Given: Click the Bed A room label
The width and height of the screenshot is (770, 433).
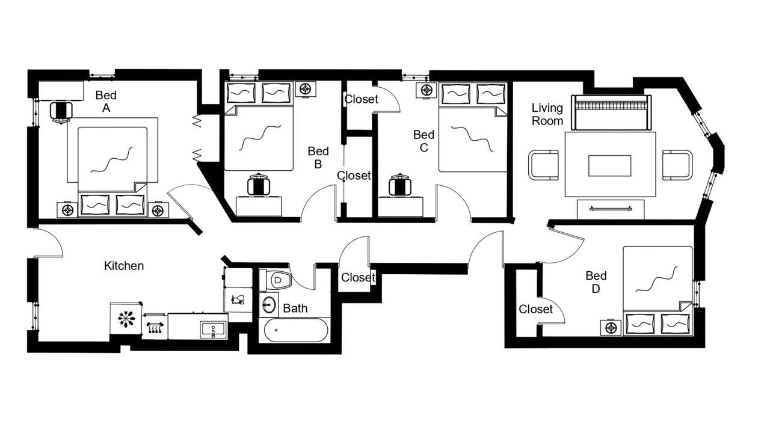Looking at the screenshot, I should (106, 102).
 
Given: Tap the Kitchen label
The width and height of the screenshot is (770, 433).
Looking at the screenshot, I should (124, 266).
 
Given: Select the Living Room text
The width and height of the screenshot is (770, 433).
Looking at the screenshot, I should (547, 114).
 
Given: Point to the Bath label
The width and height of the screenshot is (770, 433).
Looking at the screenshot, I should (295, 309).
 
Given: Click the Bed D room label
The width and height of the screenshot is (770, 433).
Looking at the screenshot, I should (596, 282).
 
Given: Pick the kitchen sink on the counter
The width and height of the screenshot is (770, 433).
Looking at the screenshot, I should (213, 330).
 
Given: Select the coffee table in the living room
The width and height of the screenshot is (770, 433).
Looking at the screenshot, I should (609, 165).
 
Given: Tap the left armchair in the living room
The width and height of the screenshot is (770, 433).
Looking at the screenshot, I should (544, 165).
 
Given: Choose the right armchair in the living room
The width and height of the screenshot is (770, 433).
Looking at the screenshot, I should (677, 165).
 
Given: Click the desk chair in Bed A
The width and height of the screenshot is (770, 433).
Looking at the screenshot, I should (61, 112).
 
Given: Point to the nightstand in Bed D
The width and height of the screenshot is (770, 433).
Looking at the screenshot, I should (612, 328).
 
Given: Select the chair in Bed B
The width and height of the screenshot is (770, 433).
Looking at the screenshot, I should (259, 185).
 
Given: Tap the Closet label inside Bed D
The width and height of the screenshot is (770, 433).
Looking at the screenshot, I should (535, 309).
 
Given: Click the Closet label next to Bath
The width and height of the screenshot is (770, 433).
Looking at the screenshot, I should (358, 278).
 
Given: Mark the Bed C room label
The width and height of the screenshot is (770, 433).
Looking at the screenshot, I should (423, 141).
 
